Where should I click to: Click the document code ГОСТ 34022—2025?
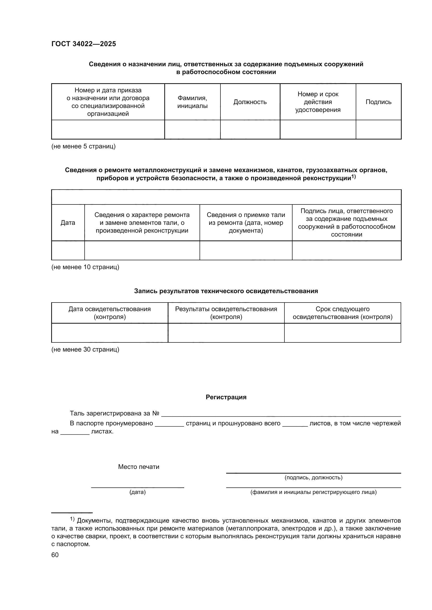(x=84, y=44)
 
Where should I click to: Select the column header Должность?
(x=250, y=102)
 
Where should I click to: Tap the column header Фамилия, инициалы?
(x=192, y=102)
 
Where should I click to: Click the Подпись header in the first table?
(x=378, y=102)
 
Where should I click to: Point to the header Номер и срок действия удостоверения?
(x=318, y=102)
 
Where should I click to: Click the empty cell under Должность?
(x=250, y=129)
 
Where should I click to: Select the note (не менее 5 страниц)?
(x=83, y=146)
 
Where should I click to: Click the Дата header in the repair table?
(x=68, y=223)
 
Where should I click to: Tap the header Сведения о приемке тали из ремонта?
(x=246, y=223)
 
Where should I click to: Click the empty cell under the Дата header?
(x=68, y=250)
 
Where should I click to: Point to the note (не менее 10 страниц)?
(x=85, y=267)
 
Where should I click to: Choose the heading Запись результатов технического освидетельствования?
(x=226, y=291)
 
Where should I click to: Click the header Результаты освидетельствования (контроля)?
(x=226, y=313)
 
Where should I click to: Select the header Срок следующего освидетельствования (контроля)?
(x=342, y=313)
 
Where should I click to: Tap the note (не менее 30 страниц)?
(x=85, y=349)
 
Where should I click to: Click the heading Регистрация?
(x=226, y=397)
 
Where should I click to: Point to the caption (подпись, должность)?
(x=313, y=478)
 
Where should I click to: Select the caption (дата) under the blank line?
(x=138, y=492)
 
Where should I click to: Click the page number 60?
(x=55, y=555)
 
